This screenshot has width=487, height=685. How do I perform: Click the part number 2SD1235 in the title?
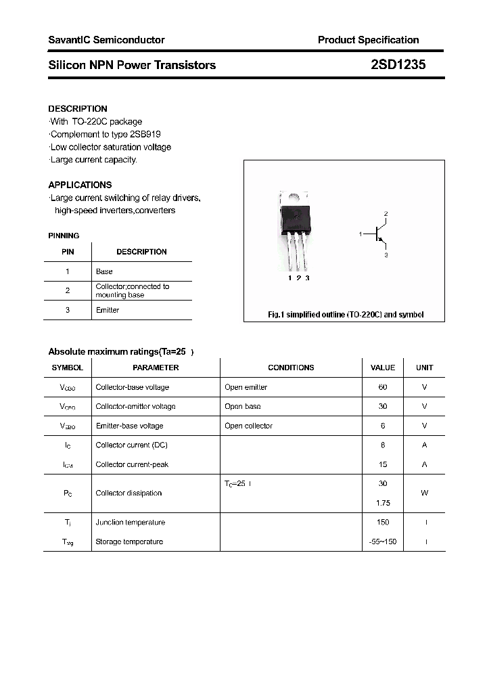[398, 65]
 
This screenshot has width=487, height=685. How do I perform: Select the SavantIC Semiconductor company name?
[106, 40]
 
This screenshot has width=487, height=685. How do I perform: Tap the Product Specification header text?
[368, 40]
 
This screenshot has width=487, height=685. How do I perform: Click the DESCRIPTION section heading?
[78, 108]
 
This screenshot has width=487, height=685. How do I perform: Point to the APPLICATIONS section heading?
[80, 185]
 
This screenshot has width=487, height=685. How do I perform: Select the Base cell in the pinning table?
[104, 271]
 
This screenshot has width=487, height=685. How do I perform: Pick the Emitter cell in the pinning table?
[108, 310]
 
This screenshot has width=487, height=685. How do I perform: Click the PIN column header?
[68, 252]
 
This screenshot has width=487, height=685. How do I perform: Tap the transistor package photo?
[296, 230]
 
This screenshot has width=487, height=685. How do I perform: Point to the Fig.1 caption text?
[346, 315]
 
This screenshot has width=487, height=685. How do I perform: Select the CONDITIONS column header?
[291, 368]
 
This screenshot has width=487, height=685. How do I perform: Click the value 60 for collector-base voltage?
[383, 387]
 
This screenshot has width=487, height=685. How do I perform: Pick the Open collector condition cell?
[248, 426]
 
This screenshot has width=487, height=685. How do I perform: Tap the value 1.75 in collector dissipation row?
[383, 503]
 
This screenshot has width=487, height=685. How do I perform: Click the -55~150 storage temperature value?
[383, 542]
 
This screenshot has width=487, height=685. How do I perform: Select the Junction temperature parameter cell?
[131, 523]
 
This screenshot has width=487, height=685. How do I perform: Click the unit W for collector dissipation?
[424, 493]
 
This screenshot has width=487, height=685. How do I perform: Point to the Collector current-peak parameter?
[132, 464]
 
